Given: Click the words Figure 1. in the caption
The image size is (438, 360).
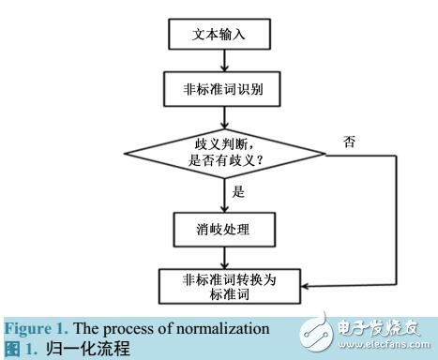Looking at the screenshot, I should [29, 328].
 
